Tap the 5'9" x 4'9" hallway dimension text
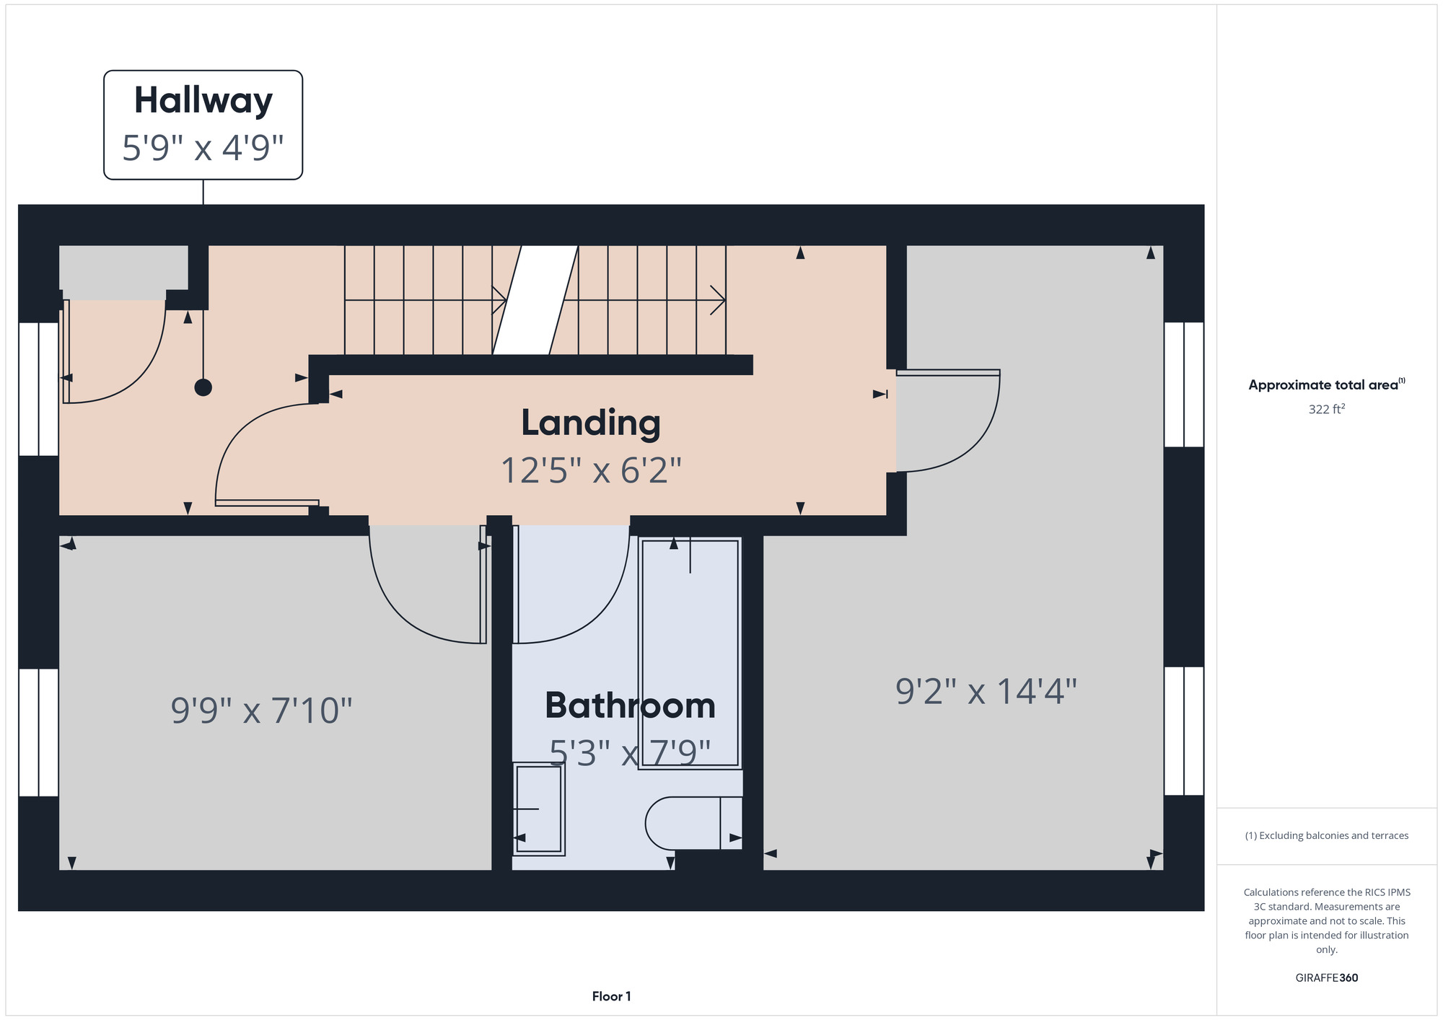pyautogui.click(x=203, y=148)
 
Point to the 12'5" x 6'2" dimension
pyautogui.click(x=591, y=470)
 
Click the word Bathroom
pyautogui.click(x=630, y=705)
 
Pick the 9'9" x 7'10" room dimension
pyautogui.click(x=261, y=710)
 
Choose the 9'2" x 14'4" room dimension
pyautogui.click(x=986, y=691)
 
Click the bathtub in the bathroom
pyautogui.click(x=690, y=653)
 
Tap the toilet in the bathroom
pyautogui.click(x=693, y=823)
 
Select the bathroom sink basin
pyautogui.click(x=538, y=809)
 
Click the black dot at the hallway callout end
pyautogui.click(x=203, y=387)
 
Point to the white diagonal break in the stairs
pyautogui.click(x=535, y=300)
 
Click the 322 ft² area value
pyautogui.click(x=1327, y=409)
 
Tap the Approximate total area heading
pyautogui.click(x=1326, y=384)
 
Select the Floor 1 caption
pyautogui.click(x=611, y=996)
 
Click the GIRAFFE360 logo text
pyautogui.click(x=1326, y=978)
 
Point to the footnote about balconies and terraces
pyautogui.click(x=1326, y=835)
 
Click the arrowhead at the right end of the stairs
pyautogui.click(x=719, y=300)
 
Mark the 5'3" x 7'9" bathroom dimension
pyautogui.click(x=630, y=753)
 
